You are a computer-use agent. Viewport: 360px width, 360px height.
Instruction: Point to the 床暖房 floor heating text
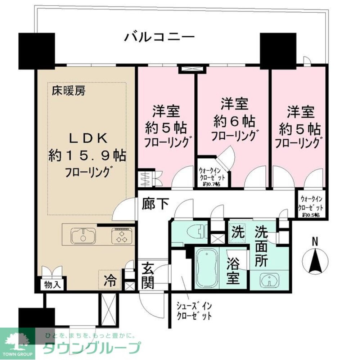click(x=67, y=91)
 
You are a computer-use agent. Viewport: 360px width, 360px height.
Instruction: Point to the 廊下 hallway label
click(x=155, y=204)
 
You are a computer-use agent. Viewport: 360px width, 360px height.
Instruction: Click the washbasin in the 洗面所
click(x=269, y=280)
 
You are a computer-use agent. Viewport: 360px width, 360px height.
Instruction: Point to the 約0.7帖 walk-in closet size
click(x=212, y=184)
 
